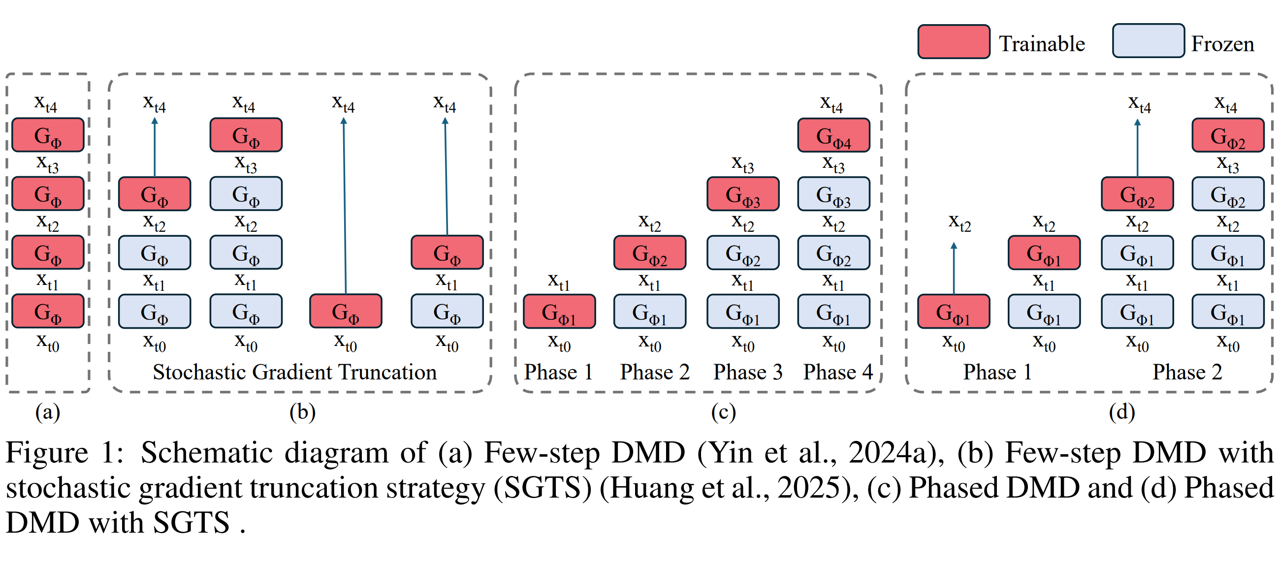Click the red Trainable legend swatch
click(x=953, y=42)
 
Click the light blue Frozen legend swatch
click(x=1148, y=41)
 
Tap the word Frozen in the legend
click(x=1222, y=44)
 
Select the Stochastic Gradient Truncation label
click(x=294, y=372)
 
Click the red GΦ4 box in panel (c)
click(x=833, y=135)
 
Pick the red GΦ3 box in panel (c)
click(x=743, y=194)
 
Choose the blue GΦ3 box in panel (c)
click(x=833, y=194)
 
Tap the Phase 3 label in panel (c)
click(x=748, y=372)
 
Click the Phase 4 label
click(x=837, y=372)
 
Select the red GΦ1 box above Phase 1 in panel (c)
click(x=559, y=312)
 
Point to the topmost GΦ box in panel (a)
click(x=48, y=135)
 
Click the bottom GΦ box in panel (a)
click(x=48, y=312)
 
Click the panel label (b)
click(x=302, y=412)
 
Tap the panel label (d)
click(x=1121, y=412)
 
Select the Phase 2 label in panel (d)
click(x=1187, y=372)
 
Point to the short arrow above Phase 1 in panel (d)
click(x=954, y=268)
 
